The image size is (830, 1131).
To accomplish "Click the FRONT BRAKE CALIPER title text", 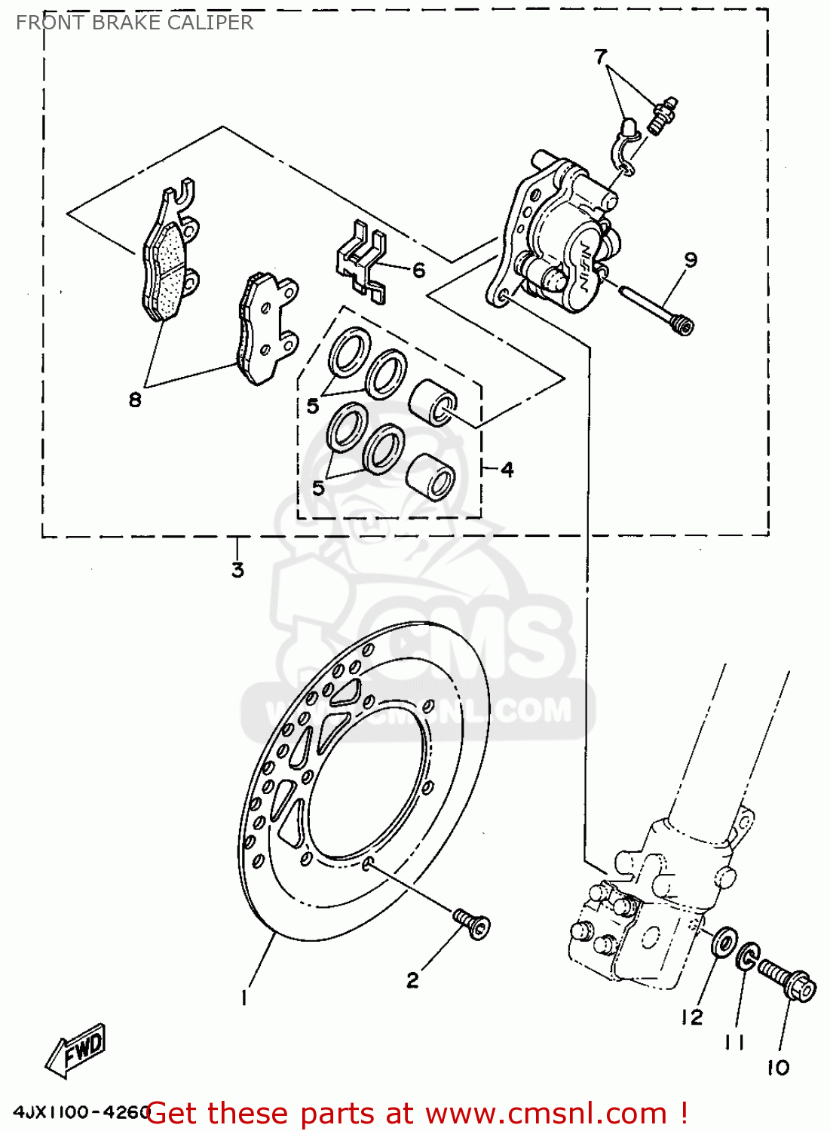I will click(134, 23).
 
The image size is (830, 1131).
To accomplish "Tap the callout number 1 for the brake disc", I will click(243, 998).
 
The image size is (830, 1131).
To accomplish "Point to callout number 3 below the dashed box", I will click(237, 570).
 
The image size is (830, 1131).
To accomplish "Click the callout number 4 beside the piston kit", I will click(507, 470).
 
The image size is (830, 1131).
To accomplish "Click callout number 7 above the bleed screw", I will click(600, 57).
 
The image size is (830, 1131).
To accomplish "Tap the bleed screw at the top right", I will click(663, 115).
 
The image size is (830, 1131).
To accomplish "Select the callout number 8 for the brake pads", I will click(135, 400).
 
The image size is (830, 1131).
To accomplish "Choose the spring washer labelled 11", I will click(747, 957).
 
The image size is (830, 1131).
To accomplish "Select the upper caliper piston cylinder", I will click(433, 401).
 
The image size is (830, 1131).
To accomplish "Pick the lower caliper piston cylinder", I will click(430, 477).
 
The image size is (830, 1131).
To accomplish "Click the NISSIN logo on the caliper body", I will click(584, 268).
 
